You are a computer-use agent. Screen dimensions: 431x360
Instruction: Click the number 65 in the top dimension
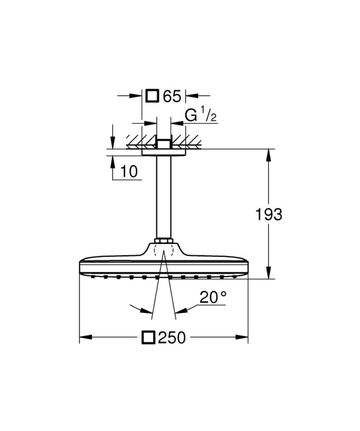pos(172,96)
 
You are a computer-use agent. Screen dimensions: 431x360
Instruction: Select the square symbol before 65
pos(152,96)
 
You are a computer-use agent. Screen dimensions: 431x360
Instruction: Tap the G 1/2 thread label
pos(201,116)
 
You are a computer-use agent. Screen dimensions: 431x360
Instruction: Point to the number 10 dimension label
pos(130,172)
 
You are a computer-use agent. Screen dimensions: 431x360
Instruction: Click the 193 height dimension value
pos(268,214)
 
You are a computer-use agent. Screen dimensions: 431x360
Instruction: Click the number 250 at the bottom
pos(172,338)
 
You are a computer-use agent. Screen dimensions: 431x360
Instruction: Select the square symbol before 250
pos(149,338)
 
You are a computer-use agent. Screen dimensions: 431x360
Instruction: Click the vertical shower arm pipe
pos(163,195)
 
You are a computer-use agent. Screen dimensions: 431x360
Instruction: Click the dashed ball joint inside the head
pos(163,252)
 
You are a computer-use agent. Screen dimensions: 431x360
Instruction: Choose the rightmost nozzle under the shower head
pos(235,276)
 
